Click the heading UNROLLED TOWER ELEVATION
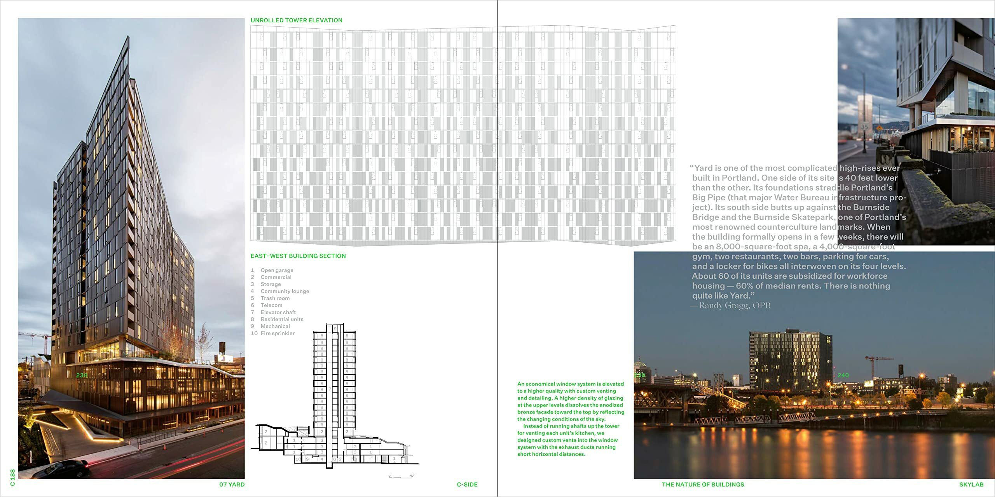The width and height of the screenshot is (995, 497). click(296, 20)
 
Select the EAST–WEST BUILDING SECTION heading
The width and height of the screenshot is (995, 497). click(298, 256)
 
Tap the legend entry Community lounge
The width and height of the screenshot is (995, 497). click(285, 291)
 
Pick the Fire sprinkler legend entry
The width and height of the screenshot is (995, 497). click(278, 333)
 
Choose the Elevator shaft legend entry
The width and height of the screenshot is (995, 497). click(278, 312)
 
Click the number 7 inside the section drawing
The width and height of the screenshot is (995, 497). click(330, 389)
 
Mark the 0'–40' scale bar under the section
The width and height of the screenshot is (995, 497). click(401, 476)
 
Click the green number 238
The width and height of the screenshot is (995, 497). click(82, 375)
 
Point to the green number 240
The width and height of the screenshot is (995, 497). click(843, 375)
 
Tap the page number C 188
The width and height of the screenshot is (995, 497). click(12, 478)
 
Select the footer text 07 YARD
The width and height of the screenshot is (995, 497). click(232, 485)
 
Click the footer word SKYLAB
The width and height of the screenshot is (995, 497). click(971, 485)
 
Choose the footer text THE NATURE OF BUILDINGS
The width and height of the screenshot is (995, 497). click(703, 485)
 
